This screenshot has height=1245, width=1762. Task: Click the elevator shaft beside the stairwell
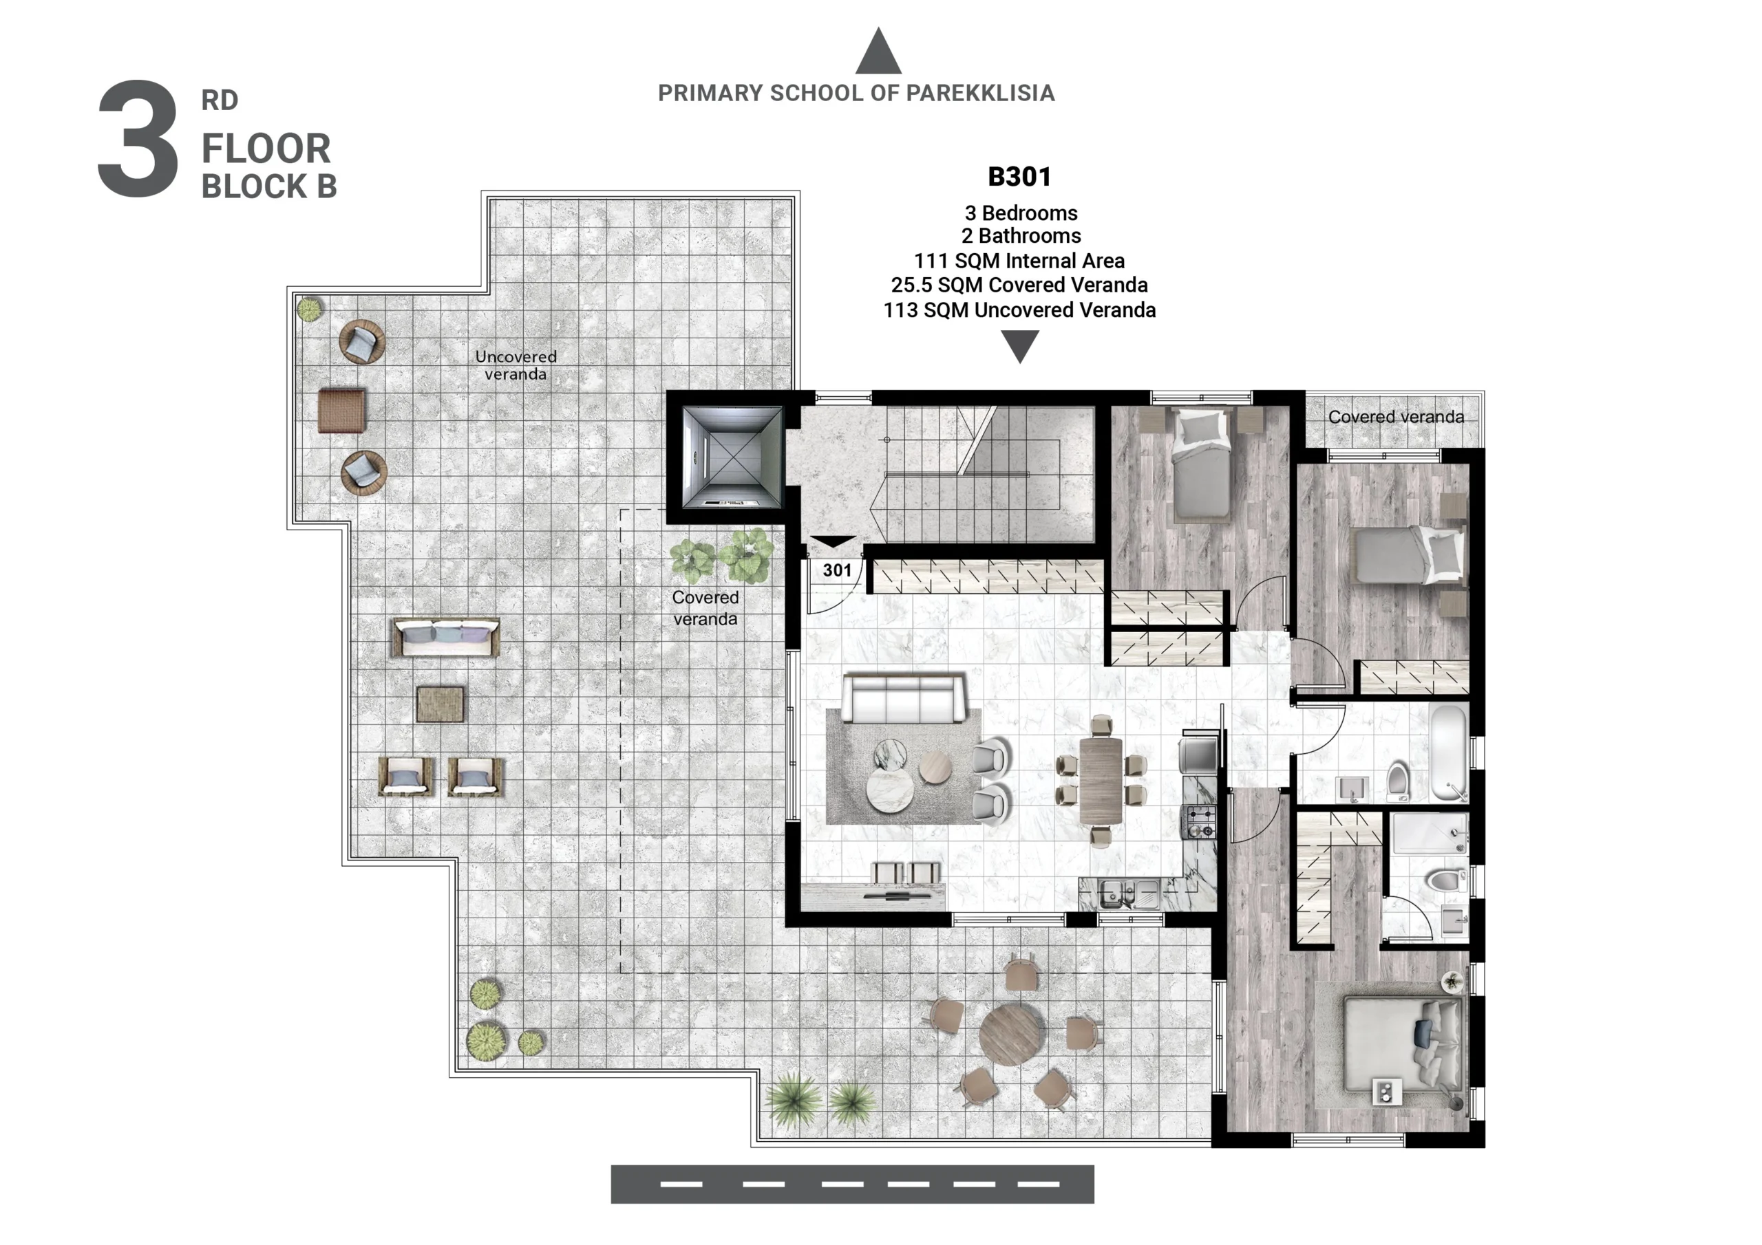click(732, 457)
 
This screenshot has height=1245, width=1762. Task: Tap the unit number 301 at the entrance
click(837, 570)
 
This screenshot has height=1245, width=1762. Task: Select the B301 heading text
click(1019, 177)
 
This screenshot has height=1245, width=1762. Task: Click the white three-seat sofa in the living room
click(903, 698)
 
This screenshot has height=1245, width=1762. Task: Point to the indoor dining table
click(1101, 780)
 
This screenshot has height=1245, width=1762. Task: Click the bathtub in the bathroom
click(1449, 753)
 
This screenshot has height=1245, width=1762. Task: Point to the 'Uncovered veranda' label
click(516, 365)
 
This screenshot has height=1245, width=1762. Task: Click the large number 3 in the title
click(138, 138)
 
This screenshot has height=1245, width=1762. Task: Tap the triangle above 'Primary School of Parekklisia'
click(878, 51)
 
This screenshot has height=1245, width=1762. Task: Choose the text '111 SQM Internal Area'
click(1019, 261)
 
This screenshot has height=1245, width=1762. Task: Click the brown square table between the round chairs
click(341, 411)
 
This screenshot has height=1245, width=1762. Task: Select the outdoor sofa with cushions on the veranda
click(445, 638)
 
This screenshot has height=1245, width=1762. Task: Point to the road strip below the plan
click(852, 1184)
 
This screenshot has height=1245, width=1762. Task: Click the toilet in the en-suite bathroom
click(1445, 879)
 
